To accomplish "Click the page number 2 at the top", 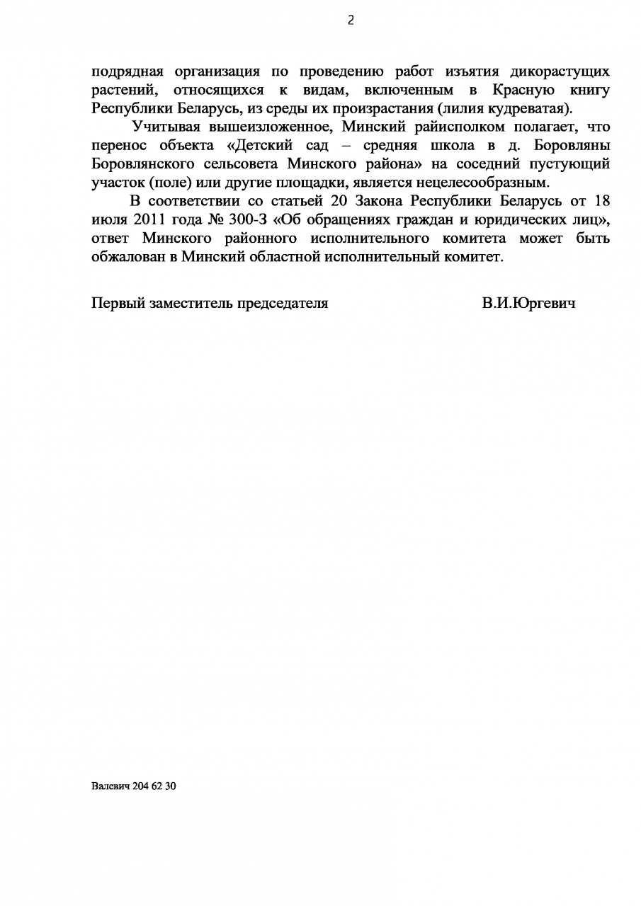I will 350,21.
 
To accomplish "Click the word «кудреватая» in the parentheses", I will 530,109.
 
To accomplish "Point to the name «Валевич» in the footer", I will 110,786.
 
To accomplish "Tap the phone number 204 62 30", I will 154,786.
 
